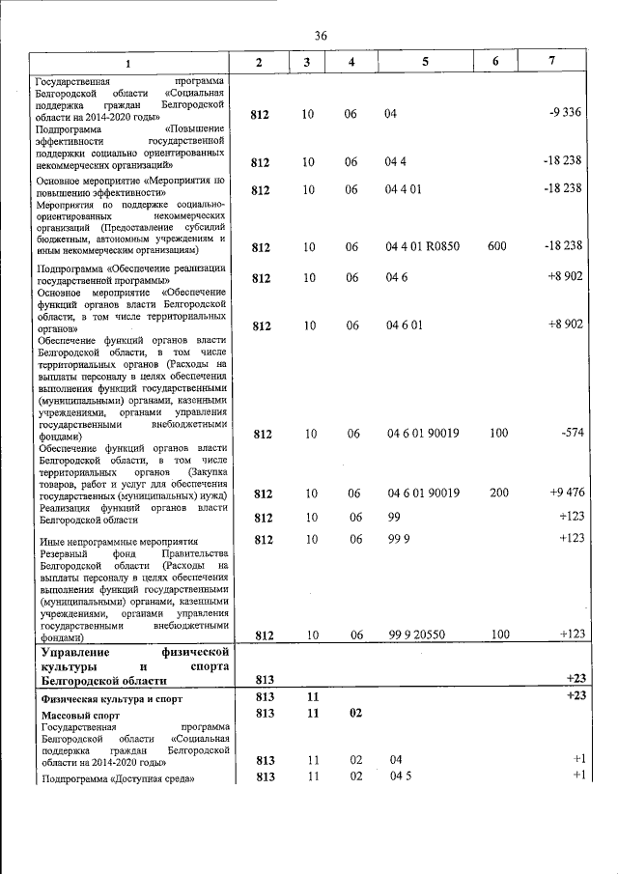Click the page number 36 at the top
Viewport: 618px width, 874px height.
(x=321, y=36)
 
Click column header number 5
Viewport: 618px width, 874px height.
(x=425, y=62)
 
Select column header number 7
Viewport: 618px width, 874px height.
(x=551, y=62)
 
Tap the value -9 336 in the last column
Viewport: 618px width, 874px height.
(x=564, y=114)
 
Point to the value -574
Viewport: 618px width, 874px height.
(x=572, y=434)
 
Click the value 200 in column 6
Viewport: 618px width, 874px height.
(x=498, y=493)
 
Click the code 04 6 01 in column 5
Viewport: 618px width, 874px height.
(x=405, y=324)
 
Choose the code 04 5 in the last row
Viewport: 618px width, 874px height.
(x=400, y=777)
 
